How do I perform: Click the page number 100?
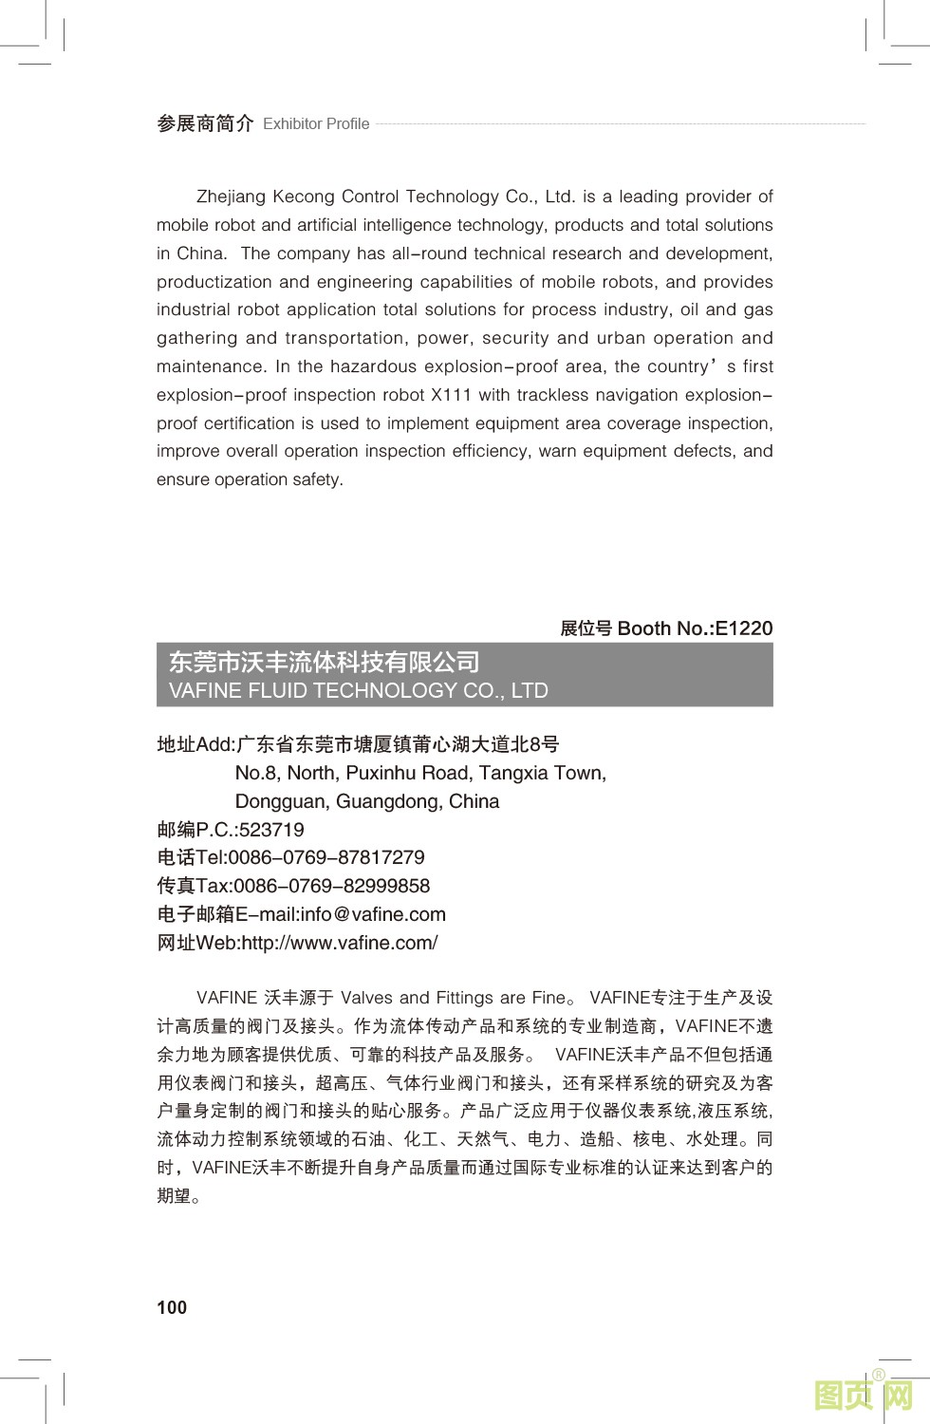point(172,1307)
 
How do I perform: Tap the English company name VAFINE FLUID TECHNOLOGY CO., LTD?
point(358,690)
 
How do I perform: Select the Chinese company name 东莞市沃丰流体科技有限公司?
point(324,662)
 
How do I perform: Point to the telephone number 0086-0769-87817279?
point(326,857)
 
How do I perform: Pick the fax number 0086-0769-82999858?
point(331,886)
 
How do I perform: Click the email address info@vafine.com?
point(373,914)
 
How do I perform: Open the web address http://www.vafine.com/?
point(340,943)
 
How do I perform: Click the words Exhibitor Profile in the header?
point(316,124)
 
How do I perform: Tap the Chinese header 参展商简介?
point(205,123)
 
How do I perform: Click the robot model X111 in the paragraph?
point(451,395)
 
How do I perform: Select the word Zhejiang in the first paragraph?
point(232,197)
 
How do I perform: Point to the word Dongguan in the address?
point(281,801)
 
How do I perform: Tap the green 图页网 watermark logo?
point(864,1395)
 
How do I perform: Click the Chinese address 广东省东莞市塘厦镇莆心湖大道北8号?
point(398,744)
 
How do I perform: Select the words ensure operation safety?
point(250,479)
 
